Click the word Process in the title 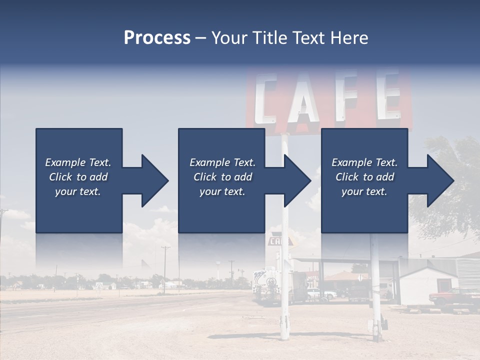coord(157,37)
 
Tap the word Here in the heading coord(349,37)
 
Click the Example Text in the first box coord(78,162)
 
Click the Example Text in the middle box coord(222,162)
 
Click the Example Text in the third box coord(364,162)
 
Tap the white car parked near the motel coord(320,293)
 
